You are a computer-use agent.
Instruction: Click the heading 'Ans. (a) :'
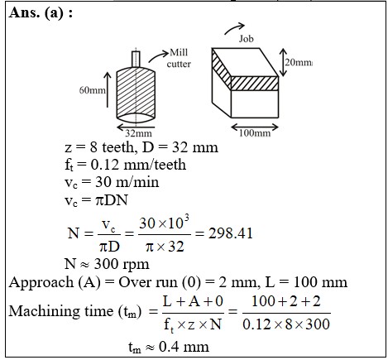click(x=41, y=12)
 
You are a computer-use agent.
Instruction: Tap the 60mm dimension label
click(x=93, y=90)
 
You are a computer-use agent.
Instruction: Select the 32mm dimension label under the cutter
click(x=138, y=133)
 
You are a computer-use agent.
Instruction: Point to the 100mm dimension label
click(x=255, y=133)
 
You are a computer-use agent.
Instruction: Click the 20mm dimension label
click(x=299, y=63)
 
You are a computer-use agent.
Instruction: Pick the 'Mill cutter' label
click(x=179, y=58)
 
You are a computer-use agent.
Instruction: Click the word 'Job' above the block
click(x=246, y=39)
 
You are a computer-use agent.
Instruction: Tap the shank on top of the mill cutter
click(x=136, y=59)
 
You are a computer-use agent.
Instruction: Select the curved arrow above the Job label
click(x=234, y=28)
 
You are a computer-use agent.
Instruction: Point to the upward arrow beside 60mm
click(x=108, y=89)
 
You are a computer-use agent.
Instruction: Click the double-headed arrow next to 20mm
click(x=283, y=62)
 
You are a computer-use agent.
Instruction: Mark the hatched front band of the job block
click(x=254, y=84)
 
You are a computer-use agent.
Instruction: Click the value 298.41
click(x=230, y=233)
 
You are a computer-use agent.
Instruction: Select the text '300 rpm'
click(x=122, y=264)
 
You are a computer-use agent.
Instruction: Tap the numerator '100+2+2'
click(x=286, y=301)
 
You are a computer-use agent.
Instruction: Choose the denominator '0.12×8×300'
click(x=286, y=324)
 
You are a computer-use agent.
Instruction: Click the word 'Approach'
click(x=41, y=283)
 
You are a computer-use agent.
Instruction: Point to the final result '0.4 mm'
click(x=184, y=347)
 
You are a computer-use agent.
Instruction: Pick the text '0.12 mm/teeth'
click(x=138, y=165)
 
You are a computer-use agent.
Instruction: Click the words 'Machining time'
click(x=61, y=311)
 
